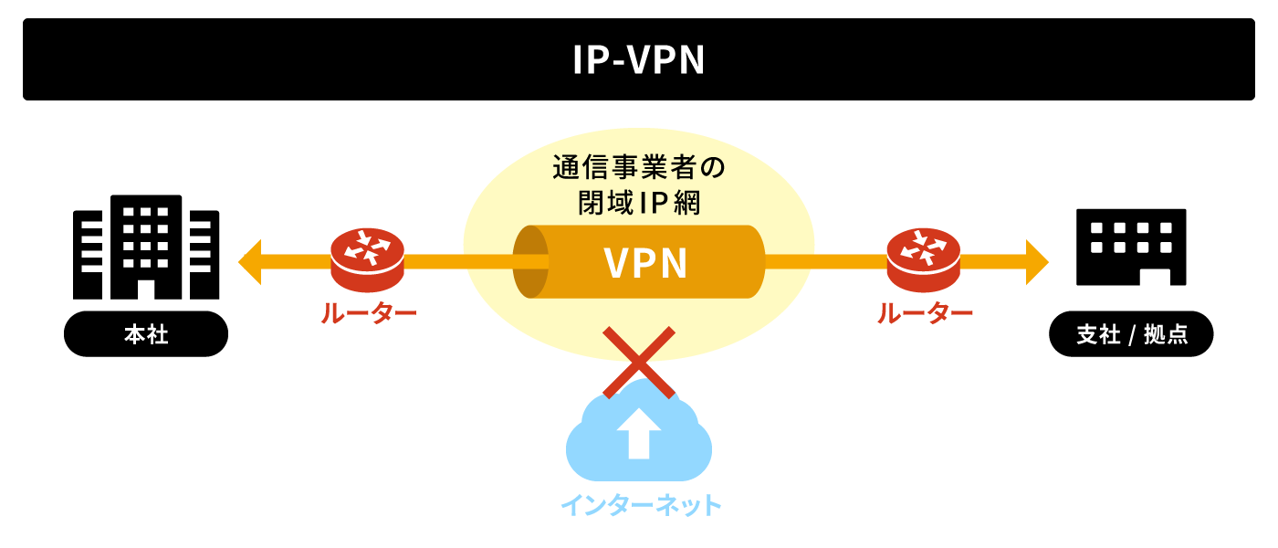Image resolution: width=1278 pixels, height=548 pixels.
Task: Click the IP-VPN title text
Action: (x=639, y=59)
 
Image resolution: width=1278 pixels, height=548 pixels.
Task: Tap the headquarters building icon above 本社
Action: (x=146, y=247)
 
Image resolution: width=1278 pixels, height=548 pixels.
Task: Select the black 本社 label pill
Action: (x=146, y=334)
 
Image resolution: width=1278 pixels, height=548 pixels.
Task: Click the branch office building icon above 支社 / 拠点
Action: (x=1132, y=247)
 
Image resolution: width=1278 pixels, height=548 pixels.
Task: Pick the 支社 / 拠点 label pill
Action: (x=1132, y=334)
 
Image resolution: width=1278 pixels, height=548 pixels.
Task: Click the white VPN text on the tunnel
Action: (x=645, y=263)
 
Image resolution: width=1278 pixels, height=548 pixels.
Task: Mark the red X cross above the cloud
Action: (x=639, y=363)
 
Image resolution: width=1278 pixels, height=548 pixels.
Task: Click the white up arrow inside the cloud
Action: (x=639, y=432)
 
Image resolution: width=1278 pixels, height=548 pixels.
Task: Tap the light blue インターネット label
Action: (x=640, y=505)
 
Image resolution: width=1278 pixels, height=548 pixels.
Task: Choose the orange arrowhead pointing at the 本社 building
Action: (x=249, y=262)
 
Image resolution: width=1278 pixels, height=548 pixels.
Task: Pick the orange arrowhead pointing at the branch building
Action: (x=1037, y=262)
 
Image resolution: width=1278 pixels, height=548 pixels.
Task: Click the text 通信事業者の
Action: (x=638, y=169)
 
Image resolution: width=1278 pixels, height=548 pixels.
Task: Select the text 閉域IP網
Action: (x=638, y=203)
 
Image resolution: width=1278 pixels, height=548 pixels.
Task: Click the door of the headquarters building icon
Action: (x=146, y=288)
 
